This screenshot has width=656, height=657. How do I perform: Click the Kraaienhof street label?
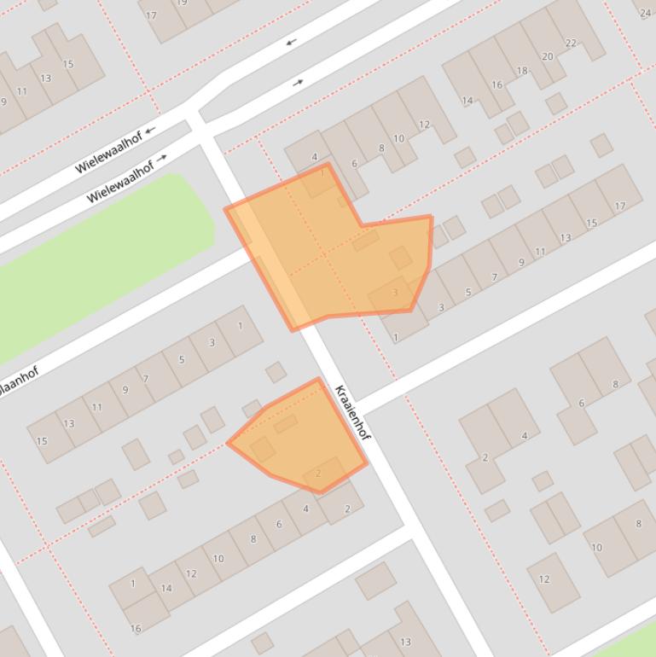pyautogui.click(x=352, y=413)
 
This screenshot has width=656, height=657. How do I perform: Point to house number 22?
pyautogui.click(x=571, y=43)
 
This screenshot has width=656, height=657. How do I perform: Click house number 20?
pyautogui.click(x=547, y=56)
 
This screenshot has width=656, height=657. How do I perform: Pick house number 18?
pyautogui.click(x=522, y=71)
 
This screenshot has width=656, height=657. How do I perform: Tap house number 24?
pyautogui.click(x=645, y=13)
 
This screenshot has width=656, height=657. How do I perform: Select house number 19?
pyautogui.click(x=181, y=3)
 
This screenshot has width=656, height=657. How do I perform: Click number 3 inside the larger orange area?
pyautogui.click(x=394, y=293)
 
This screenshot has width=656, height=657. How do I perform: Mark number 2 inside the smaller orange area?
pyautogui.click(x=318, y=474)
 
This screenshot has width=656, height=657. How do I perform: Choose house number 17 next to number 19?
pyautogui.click(x=151, y=15)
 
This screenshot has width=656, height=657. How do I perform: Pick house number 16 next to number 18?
pyautogui.click(x=496, y=84)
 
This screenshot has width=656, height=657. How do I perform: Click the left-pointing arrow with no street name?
pyautogui.click(x=291, y=42)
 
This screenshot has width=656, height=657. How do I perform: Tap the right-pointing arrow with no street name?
pyautogui.click(x=298, y=83)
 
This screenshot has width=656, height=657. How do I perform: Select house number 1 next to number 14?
pyautogui.click(x=132, y=584)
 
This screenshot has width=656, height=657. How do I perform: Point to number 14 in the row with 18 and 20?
pyautogui.click(x=467, y=101)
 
